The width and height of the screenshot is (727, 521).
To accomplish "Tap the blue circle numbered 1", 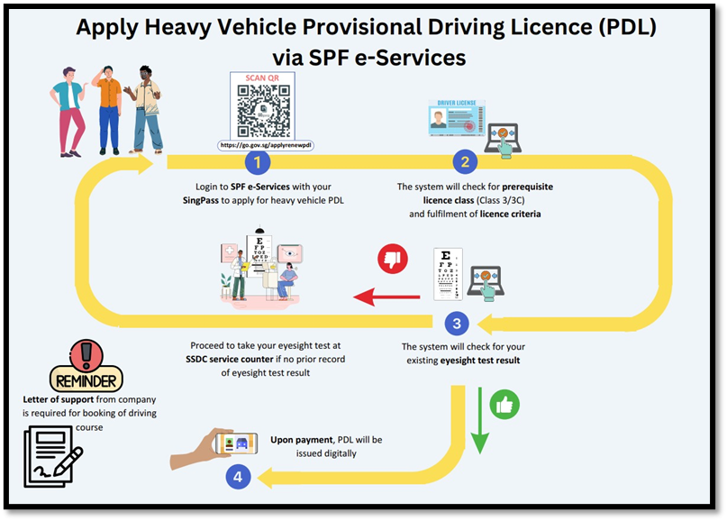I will click(x=258, y=162).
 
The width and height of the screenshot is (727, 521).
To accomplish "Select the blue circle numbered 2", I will click(x=465, y=162).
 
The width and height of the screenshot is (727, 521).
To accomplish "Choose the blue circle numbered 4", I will click(x=238, y=478).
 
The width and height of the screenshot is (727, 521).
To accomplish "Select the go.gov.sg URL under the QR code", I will click(x=266, y=145).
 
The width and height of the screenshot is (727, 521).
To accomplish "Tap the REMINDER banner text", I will click(x=86, y=379).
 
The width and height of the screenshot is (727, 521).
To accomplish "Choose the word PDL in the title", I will click(x=621, y=27).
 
